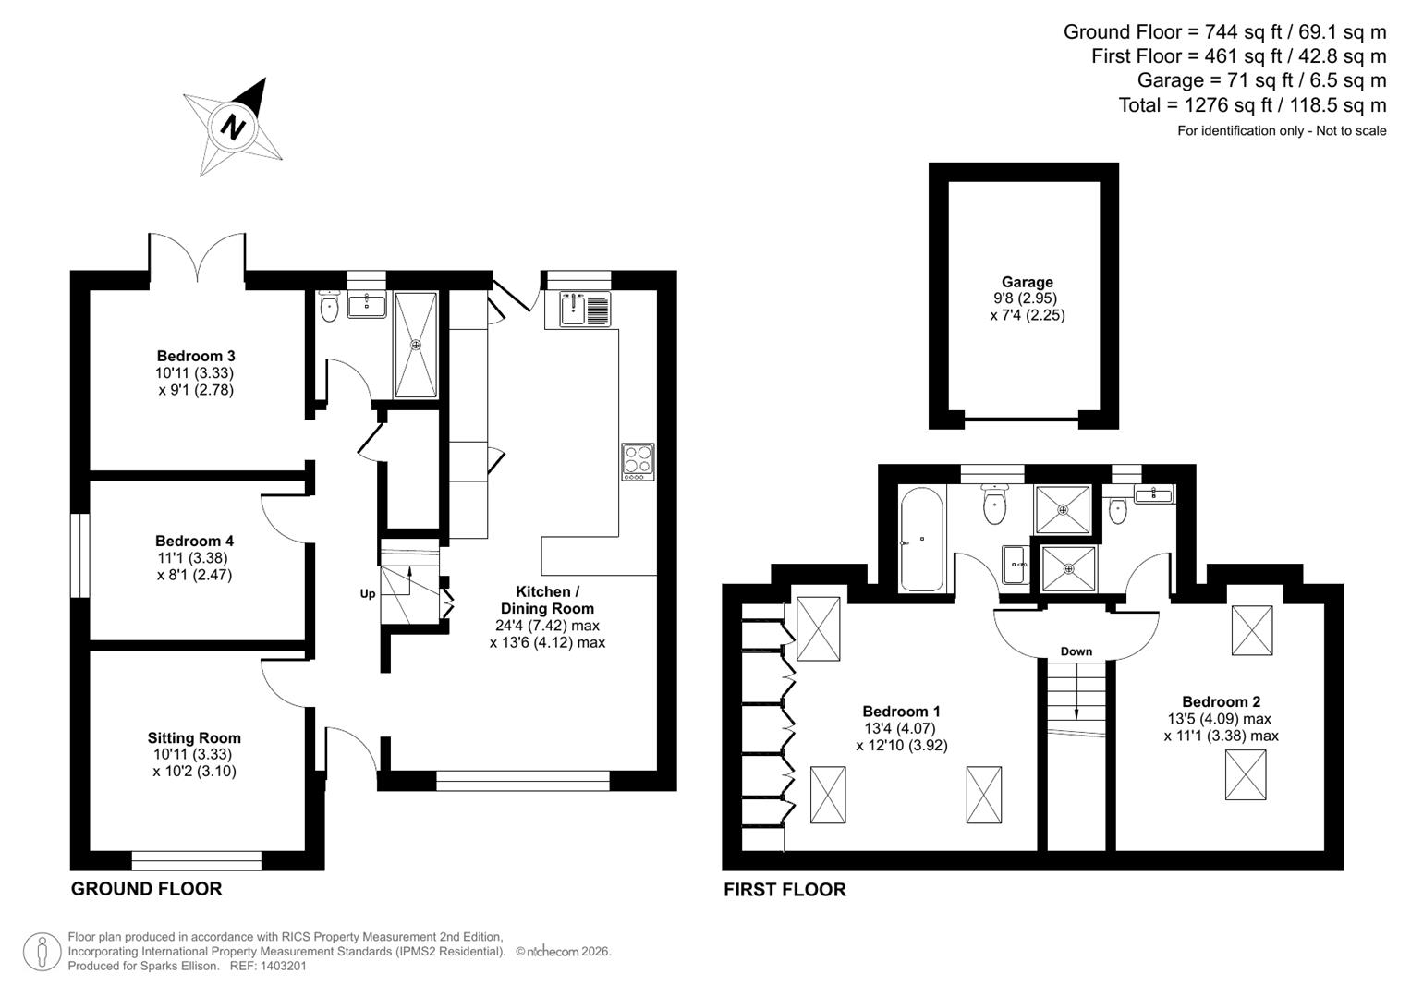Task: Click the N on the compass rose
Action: [233, 127]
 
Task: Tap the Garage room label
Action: [1027, 283]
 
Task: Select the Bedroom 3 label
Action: [196, 356]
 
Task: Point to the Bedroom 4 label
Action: [194, 541]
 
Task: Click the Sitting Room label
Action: [194, 737]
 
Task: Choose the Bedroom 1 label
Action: [901, 712]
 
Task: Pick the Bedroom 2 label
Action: [1221, 702]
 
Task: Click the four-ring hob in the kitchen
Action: [638, 462]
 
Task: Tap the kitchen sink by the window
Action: [584, 309]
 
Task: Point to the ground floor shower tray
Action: [416, 345]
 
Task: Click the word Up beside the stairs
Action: [368, 593]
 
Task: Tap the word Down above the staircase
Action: [1076, 651]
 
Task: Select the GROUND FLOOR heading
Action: [147, 889]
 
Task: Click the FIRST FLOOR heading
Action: [785, 890]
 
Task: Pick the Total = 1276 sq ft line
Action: [1252, 105]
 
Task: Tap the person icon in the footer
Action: [43, 952]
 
